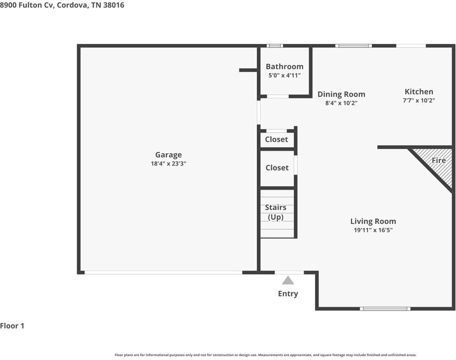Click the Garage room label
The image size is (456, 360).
168,155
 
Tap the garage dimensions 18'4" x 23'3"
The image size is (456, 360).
168,164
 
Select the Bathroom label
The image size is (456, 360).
284,67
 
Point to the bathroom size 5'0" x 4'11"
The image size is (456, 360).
284,75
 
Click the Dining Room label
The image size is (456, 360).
341,95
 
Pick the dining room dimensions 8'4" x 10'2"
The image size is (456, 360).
341,103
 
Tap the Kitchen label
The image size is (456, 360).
419,92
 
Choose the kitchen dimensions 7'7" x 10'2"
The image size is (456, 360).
419,101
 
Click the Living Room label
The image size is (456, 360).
373,221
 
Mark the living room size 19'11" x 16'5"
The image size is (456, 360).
373,230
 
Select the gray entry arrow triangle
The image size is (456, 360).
288,280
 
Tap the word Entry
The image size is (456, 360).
288,293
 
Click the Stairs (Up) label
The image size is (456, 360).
276,212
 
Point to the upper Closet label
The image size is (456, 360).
277,140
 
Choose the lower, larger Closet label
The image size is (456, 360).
277,168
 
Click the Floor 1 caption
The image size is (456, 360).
12,326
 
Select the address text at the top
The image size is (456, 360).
62,5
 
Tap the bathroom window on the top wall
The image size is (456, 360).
275,46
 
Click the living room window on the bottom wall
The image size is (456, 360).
385,308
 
